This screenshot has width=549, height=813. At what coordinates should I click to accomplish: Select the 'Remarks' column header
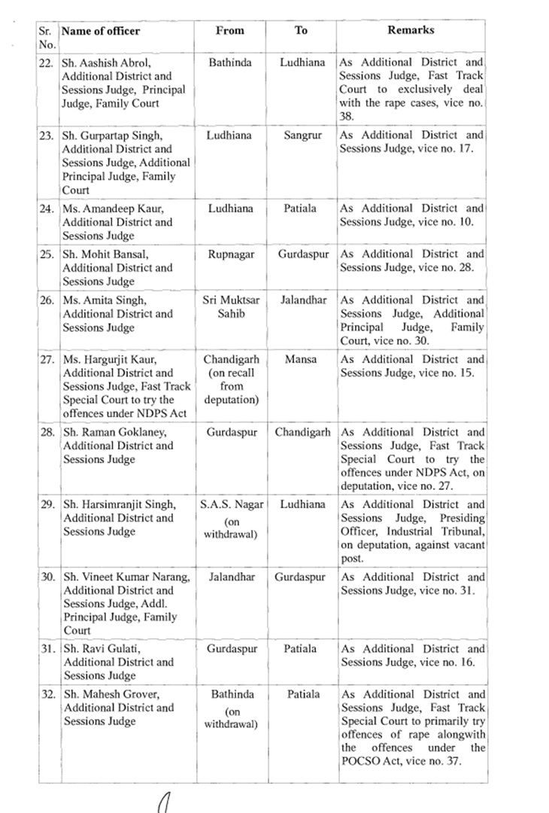pyautogui.click(x=411, y=31)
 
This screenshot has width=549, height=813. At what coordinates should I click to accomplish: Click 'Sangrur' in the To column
pyautogui.click(x=302, y=135)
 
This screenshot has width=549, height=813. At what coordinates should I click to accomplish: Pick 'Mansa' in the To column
pyautogui.click(x=302, y=360)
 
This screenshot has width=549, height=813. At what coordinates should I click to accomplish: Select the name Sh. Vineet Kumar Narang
pyautogui.click(x=126, y=577)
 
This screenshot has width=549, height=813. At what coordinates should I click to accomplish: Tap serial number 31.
pyautogui.click(x=47, y=649)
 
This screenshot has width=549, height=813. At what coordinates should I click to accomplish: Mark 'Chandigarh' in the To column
pyautogui.click(x=302, y=432)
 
